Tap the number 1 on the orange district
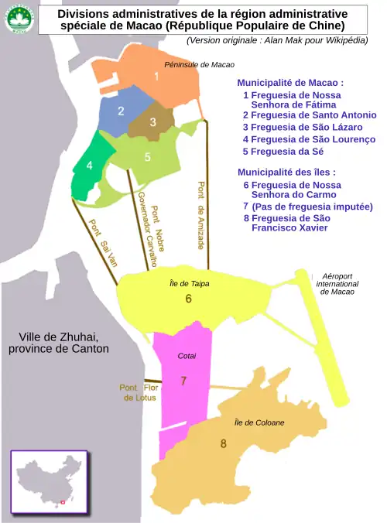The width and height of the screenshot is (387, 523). (x=156, y=77)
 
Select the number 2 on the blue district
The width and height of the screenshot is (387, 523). (x=121, y=111)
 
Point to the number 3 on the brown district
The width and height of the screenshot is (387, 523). (x=152, y=122)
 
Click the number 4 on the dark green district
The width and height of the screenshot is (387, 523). (x=90, y=166)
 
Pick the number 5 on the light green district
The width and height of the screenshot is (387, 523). (x=147, y=157)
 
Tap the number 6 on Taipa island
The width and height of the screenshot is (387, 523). (x=188, y=299)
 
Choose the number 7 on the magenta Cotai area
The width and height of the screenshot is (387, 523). (x=183, y=381)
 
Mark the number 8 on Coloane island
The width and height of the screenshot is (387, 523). (x=223, y=443)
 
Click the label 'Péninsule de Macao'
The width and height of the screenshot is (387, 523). (x=199, y=65)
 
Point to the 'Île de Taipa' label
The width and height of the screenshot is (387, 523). (x=190, y=284)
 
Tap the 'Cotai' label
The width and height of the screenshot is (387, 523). (x=187, y=356)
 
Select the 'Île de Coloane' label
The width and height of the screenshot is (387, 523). (x=259, y=423)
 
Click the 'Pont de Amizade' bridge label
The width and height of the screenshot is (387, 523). (x=201, y=215)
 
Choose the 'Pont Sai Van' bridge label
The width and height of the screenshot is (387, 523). (x=103, y=243)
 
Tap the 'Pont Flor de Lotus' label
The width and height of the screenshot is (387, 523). (x=139, y=392)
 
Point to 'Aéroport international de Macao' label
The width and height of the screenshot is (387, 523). (x=337, y=284)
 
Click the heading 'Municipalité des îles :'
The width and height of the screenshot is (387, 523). (x=286, y=172)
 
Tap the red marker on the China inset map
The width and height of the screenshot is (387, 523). (x=63, y=502)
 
